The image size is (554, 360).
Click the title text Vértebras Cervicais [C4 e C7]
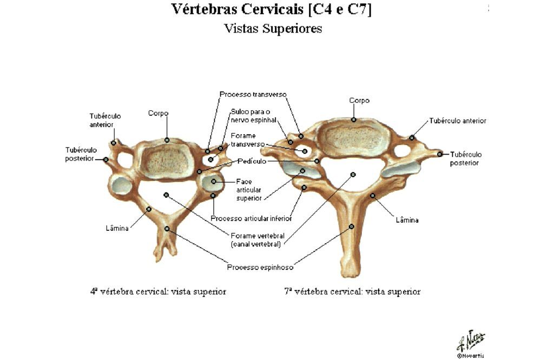[272, 10]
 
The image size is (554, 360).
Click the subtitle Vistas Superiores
[273, 29]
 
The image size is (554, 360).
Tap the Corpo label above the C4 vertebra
[159, 113]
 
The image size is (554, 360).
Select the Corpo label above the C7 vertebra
[359, 101]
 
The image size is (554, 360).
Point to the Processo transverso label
[253, 94]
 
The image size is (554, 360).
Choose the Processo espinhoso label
[260, 267]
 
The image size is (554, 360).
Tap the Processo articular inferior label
[251, 218]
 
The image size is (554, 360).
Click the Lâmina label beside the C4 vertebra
[117, 228]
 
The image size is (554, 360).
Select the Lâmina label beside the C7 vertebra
[407, 220]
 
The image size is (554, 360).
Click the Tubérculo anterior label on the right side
[458, 121]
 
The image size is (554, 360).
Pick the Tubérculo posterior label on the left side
[81, 154]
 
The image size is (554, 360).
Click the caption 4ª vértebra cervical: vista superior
[158, 291]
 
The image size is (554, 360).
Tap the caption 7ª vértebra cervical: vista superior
[352, 291]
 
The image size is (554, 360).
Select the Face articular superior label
[249, 190]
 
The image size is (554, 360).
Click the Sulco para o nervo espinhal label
[254, 116]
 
